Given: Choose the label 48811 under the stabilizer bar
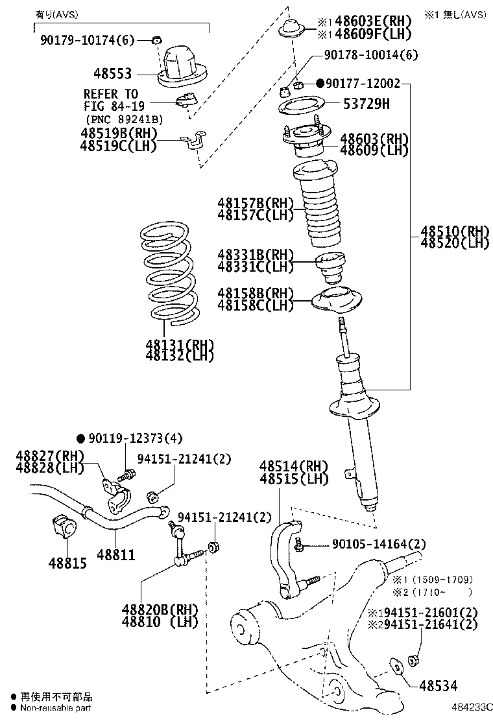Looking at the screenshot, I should point(116,555).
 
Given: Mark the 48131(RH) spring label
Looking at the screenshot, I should point(180,344).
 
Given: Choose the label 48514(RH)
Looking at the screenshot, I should point(294,466).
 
